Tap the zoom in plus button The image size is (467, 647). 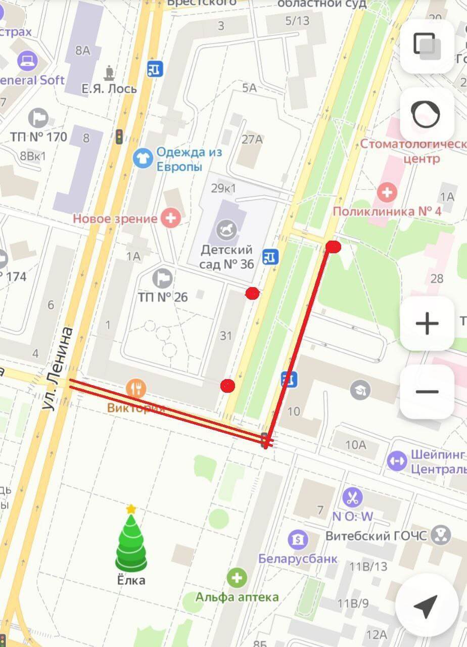pyautogui.click(x=427, y=323)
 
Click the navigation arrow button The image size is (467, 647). pyautogui.click(x=425, y=606)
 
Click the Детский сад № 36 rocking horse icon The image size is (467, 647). pyautogui.click(x=226, y=230)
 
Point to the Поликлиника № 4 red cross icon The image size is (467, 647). pyautogui.click(x=388, y=192)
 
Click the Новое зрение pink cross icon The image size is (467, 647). pyautogui.click(x=171, y=218)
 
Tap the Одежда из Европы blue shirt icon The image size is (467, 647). pyautogui.click(x=143, y=159)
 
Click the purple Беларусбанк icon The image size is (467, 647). pyautogui.click(x=298, y=539)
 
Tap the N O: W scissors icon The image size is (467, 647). pyautogui.click(x=352, y=498)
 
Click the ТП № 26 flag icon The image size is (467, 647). pyautogui.click(x=163, y=279)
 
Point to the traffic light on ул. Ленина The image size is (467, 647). pyautogui.click(x=119, y=136)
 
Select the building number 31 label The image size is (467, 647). pyautogui.click(x=226, y=335)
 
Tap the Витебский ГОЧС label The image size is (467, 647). pyautogui.click(x=377, y=536)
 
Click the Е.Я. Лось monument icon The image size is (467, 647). pyautogui.click(x=109, y=73)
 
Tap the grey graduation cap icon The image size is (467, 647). pyautogui.click(x=360, y=390)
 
